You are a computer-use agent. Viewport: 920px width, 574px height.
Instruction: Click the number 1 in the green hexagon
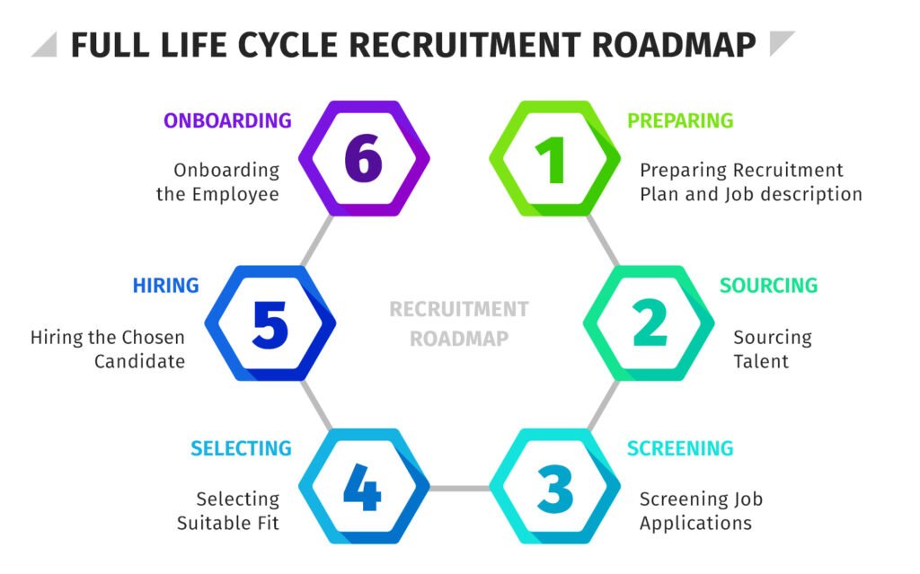tap(554, 160)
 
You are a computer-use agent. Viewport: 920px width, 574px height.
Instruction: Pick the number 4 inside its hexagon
tap(362, 488)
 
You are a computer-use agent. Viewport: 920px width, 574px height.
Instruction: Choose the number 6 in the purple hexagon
tap(363, 159)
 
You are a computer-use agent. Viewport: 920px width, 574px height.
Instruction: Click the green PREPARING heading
tap(680, 120)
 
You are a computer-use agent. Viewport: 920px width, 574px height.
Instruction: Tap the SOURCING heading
tap(768, 286)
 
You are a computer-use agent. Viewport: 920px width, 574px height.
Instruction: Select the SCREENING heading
tap(680, 448)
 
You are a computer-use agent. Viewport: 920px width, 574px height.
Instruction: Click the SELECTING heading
tap(241, 448)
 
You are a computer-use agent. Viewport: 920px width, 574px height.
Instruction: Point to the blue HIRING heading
tap(165, 286)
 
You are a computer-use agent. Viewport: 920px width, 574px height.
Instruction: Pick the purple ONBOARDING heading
tap(227, 120)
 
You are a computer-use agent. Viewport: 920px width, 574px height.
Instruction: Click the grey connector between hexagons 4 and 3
tap(459, 488)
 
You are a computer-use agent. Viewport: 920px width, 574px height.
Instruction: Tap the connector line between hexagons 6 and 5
tap(316, 241)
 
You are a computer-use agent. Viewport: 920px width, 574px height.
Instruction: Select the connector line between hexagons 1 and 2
tap(603, 241)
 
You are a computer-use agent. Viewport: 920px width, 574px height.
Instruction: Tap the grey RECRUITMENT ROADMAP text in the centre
tap(459, 323)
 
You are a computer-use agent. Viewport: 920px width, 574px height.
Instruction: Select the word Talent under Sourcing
tap(761, 361)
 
